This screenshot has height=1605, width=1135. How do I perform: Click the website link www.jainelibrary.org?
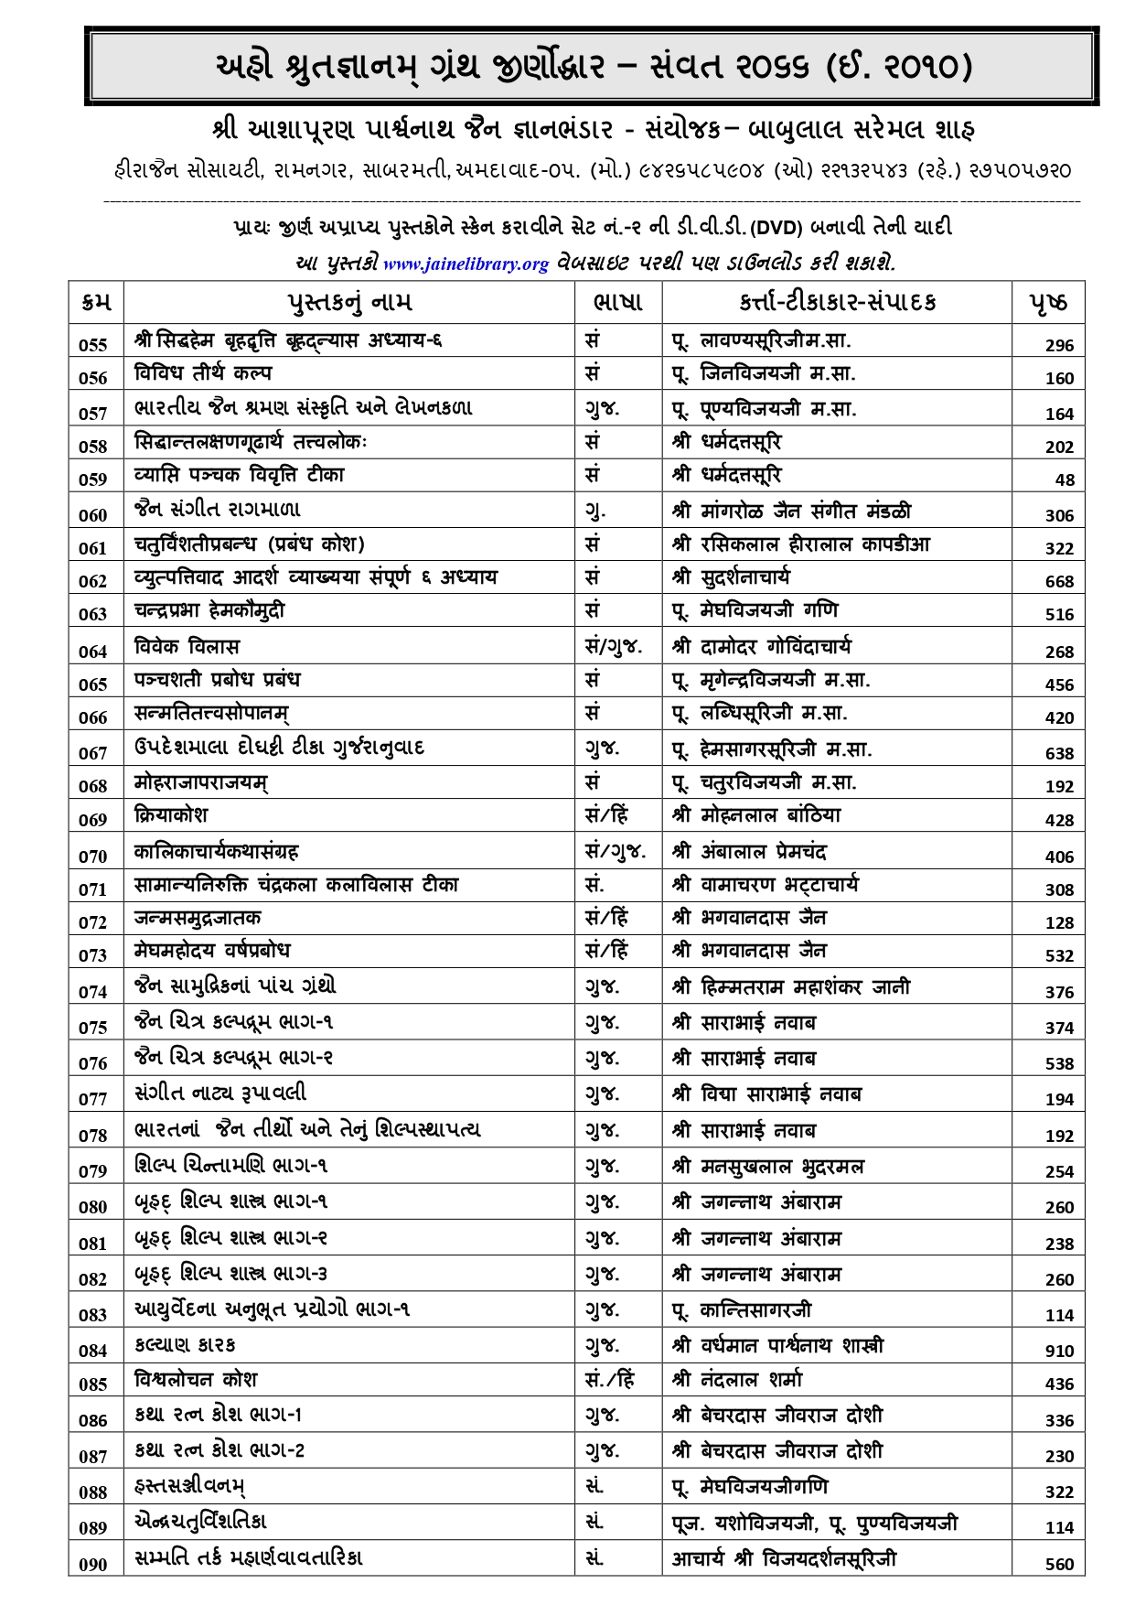pyautogui.click(x=466, y=264)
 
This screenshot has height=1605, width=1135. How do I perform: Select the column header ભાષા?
pyautogui.click(x=617, y=302)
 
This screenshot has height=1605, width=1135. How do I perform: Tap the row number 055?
pyautogui.click(x=93, y=345)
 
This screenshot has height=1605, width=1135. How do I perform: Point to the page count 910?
pyautogui.click(x=1059, y=1351)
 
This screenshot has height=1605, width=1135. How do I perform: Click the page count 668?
pyautogui.click(x=1059, y=581)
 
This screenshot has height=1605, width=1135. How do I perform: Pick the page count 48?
pyautogui.click(x=1065, y=479)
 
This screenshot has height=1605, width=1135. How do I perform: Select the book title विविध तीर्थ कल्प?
pyautogui.click(x=202, y=373)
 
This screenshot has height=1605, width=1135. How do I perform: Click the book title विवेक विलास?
pyautogui.click(x=187, y=647)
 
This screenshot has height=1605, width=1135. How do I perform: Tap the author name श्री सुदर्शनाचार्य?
pyautogui.click(x=732, y=577)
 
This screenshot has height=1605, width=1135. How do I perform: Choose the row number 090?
pyautogui.click(x=93, y=1565)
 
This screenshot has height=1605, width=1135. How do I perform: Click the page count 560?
pyautogui.click(x=1059, y=1564)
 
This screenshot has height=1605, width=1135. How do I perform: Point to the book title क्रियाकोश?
pyautogui.click(x=171, y=815)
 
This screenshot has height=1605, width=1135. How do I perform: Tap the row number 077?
pyautogui.click(x=93, y=1099)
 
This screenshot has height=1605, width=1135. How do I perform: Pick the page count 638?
pyautogui.click(x=1059, y=753)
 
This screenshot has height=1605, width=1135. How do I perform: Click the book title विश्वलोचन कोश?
pyautogui.click(x=196, y=1379)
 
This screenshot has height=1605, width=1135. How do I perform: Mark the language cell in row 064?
pyautogui.click(x=614, y=647)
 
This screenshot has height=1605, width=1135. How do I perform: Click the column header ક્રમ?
pyautogui.click(x=95, y=302)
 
